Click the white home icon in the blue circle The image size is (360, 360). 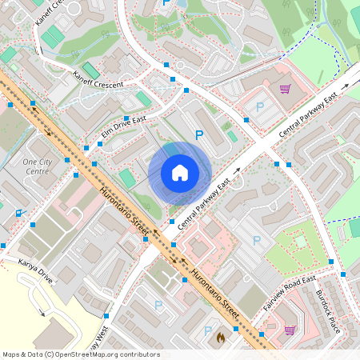180,173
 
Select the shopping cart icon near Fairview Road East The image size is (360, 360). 290,330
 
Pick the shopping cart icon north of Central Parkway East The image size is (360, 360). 284,90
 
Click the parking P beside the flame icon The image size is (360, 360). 207,330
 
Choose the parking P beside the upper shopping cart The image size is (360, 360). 258,106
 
